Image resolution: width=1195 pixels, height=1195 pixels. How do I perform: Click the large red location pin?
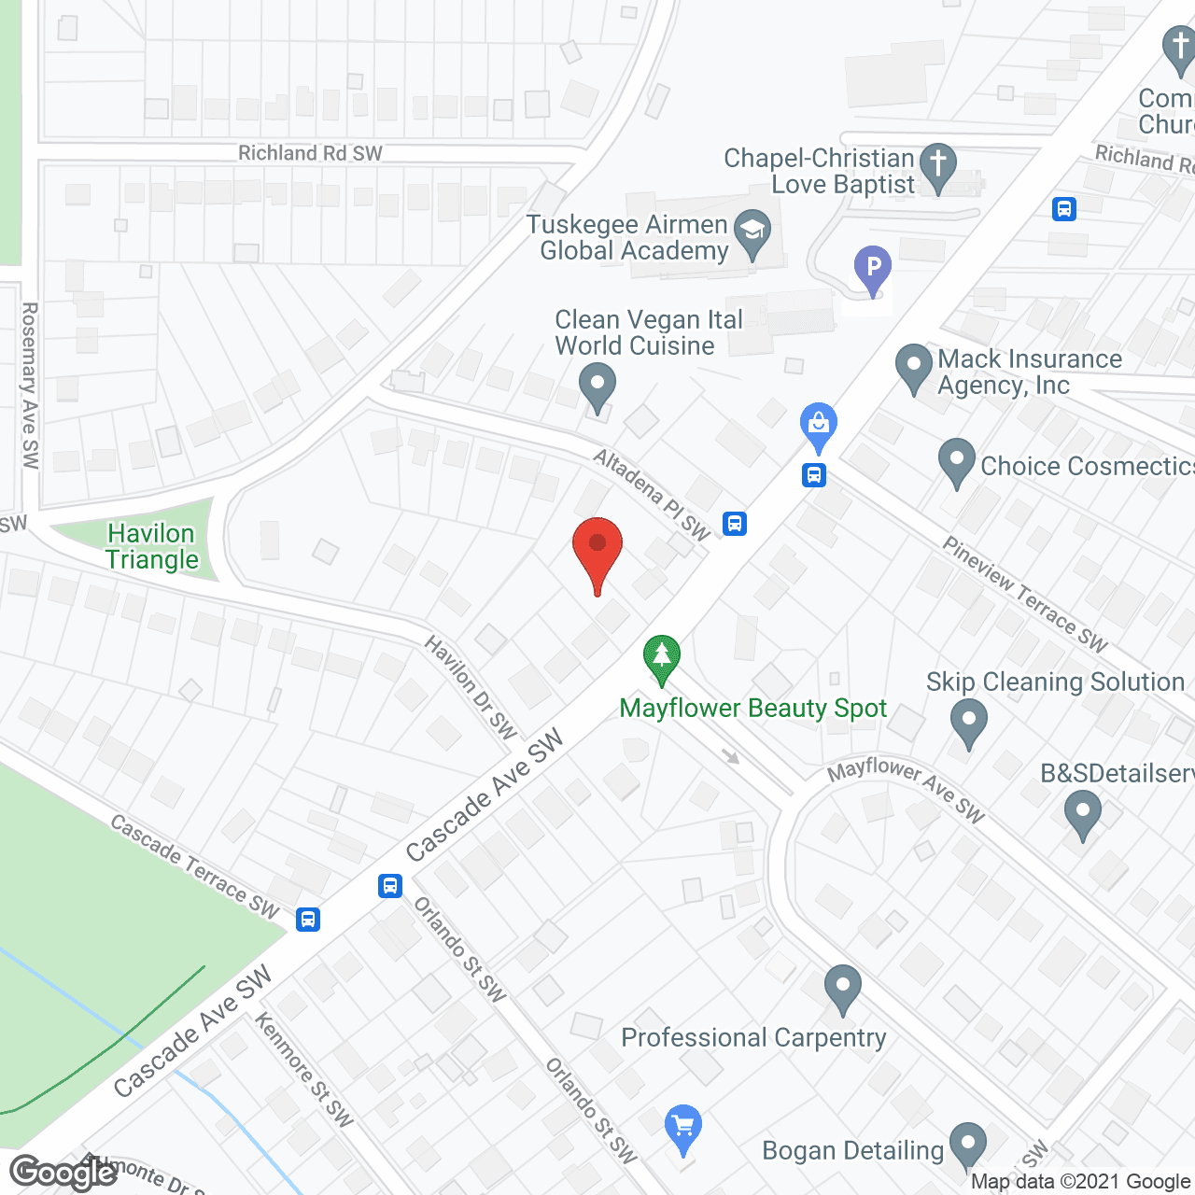point(597,551)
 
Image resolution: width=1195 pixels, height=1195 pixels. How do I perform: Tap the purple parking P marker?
point(873,269)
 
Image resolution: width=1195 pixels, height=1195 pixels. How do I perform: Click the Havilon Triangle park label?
point(152,546)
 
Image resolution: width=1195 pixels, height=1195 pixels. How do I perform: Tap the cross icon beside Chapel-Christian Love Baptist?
point(938,165)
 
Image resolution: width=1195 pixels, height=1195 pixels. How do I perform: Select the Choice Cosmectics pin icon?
point(956,461)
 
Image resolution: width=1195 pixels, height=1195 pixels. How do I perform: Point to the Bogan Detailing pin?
point(968,1146)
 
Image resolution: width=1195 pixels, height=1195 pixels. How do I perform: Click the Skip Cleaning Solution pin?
point(968,722)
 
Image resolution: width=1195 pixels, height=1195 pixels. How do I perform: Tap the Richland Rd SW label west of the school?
point(310,153)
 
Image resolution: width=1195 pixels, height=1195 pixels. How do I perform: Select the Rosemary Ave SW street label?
point(30,385)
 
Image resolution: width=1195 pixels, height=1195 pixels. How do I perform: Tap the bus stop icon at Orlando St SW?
point(390,885)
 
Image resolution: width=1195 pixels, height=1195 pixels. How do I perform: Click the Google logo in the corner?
point(63,1172)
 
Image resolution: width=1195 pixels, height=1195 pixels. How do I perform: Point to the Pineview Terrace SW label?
point(1024,594)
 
